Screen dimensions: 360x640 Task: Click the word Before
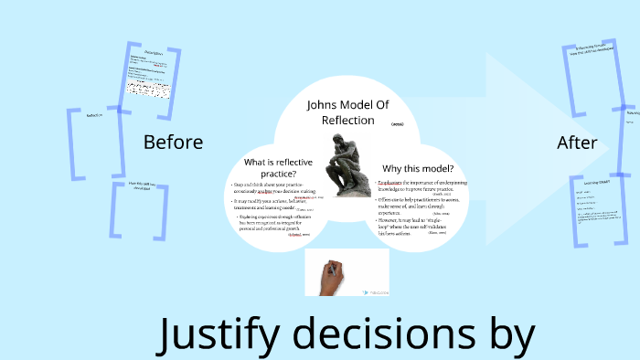click(173, 143)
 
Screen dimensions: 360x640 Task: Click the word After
click(577, 143)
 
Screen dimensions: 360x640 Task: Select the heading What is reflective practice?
click(271, 167)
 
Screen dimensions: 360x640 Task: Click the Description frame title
click(153, 53)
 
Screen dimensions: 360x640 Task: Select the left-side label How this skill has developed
click(142, 189)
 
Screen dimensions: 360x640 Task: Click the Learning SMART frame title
click(595, 182)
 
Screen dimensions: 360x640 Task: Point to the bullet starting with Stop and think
click(274, 188)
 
